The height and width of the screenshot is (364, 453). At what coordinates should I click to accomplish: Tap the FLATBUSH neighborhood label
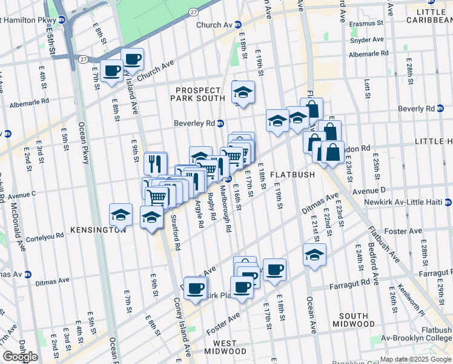pos(292,175)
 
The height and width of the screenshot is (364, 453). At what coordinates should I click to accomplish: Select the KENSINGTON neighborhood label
pos(98,231)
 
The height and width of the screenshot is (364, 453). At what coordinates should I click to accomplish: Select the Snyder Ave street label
pos(368,40)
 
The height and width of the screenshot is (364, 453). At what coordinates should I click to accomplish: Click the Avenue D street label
pos(370,190)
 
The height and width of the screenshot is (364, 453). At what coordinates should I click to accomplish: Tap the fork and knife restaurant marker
pos(156,163)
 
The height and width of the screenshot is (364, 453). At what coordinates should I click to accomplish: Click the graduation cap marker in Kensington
pos(121,215)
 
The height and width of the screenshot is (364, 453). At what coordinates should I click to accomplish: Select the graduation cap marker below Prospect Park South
pos(243,92)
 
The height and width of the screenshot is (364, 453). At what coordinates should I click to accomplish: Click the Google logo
pos(20,357)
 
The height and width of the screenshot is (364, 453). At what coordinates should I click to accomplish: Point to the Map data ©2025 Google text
pos(415,359)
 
